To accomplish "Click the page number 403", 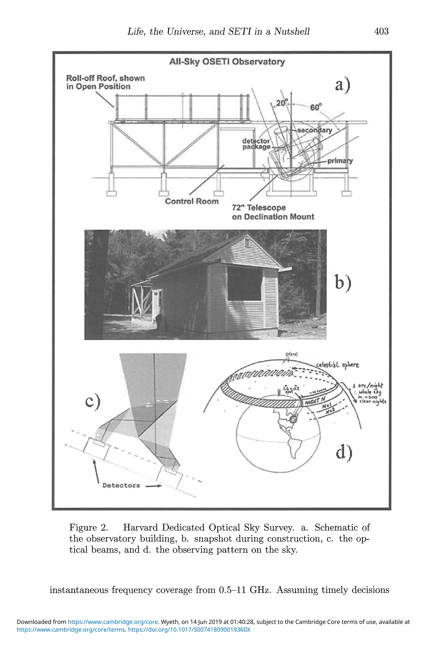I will [381, 31].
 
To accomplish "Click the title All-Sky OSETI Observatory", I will [227, 61].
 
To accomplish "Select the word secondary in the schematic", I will [315, 130].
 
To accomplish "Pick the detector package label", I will [256, 144].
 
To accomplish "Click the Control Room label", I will [191, 201].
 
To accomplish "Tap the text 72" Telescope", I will [259, 208].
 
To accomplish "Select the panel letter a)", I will [342, 85].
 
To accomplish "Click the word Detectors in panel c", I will [121, 486].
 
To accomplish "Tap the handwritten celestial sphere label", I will [337, 365].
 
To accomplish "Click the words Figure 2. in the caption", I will [89, 527].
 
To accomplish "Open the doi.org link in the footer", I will [189, 630].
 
